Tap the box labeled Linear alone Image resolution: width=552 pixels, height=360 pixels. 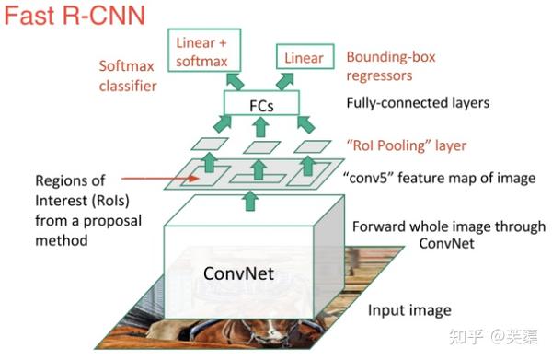(303, 59)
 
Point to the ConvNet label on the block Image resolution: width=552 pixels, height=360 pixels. (234, 274)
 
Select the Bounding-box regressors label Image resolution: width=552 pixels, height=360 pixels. (390, 66)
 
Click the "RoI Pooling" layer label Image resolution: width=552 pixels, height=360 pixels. (406, 145)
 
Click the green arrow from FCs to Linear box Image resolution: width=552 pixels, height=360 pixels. (285, 82)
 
